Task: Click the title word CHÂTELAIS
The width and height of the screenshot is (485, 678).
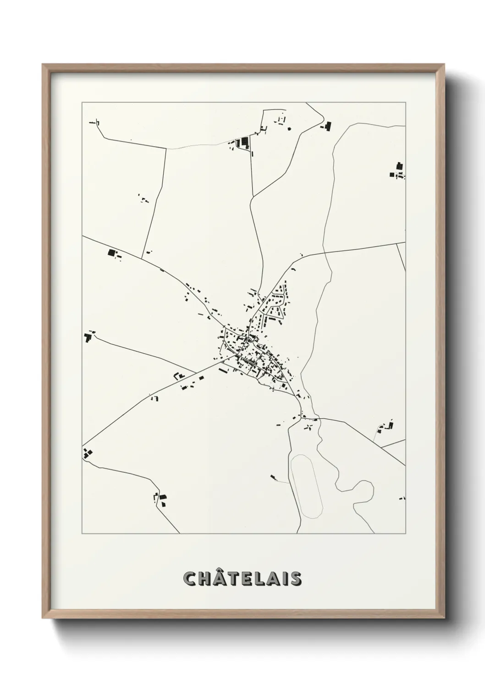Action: point(242,578)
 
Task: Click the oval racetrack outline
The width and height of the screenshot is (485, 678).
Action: point(307,486)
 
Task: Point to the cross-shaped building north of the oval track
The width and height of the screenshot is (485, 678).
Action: point(309,428)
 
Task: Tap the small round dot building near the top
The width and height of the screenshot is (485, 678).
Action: point(289,129)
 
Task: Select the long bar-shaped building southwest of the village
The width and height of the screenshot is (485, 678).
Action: point(223,370)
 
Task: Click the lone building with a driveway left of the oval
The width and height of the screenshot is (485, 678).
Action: point(273,476)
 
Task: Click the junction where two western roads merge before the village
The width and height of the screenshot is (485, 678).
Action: point(196,372)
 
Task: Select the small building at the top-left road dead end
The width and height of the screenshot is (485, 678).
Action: point(96,122)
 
